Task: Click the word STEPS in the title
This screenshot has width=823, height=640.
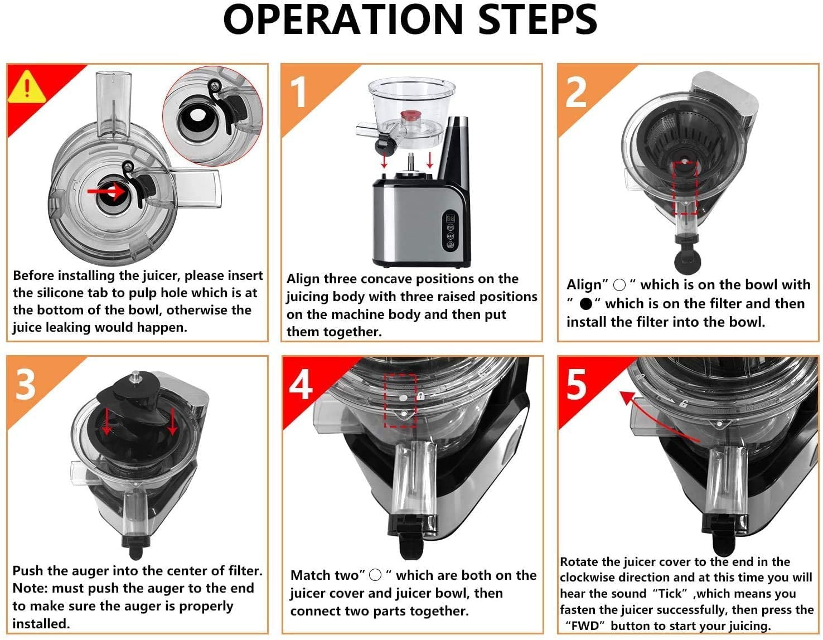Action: (537, 20)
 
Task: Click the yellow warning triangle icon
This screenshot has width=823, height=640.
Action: (27, 88)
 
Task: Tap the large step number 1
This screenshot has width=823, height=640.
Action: (300, 91)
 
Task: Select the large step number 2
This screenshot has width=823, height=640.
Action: (575, 91)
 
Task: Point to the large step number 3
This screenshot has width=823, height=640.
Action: (26, 384)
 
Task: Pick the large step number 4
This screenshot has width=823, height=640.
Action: (301, 384)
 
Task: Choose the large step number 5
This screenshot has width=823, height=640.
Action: (576, 384)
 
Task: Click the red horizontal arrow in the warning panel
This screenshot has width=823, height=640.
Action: (106, 191)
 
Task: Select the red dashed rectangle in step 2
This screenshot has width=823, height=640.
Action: (685, 188)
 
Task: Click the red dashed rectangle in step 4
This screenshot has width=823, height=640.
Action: (401, 401)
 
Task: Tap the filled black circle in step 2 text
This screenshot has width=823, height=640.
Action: (585, 304)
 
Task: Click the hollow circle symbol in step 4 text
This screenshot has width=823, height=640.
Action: (375, 575)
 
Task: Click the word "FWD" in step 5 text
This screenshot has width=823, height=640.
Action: (585, 626)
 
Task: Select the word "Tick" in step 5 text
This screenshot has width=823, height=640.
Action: (670, 593)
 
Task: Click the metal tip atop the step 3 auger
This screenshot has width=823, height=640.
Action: (134, 376)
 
